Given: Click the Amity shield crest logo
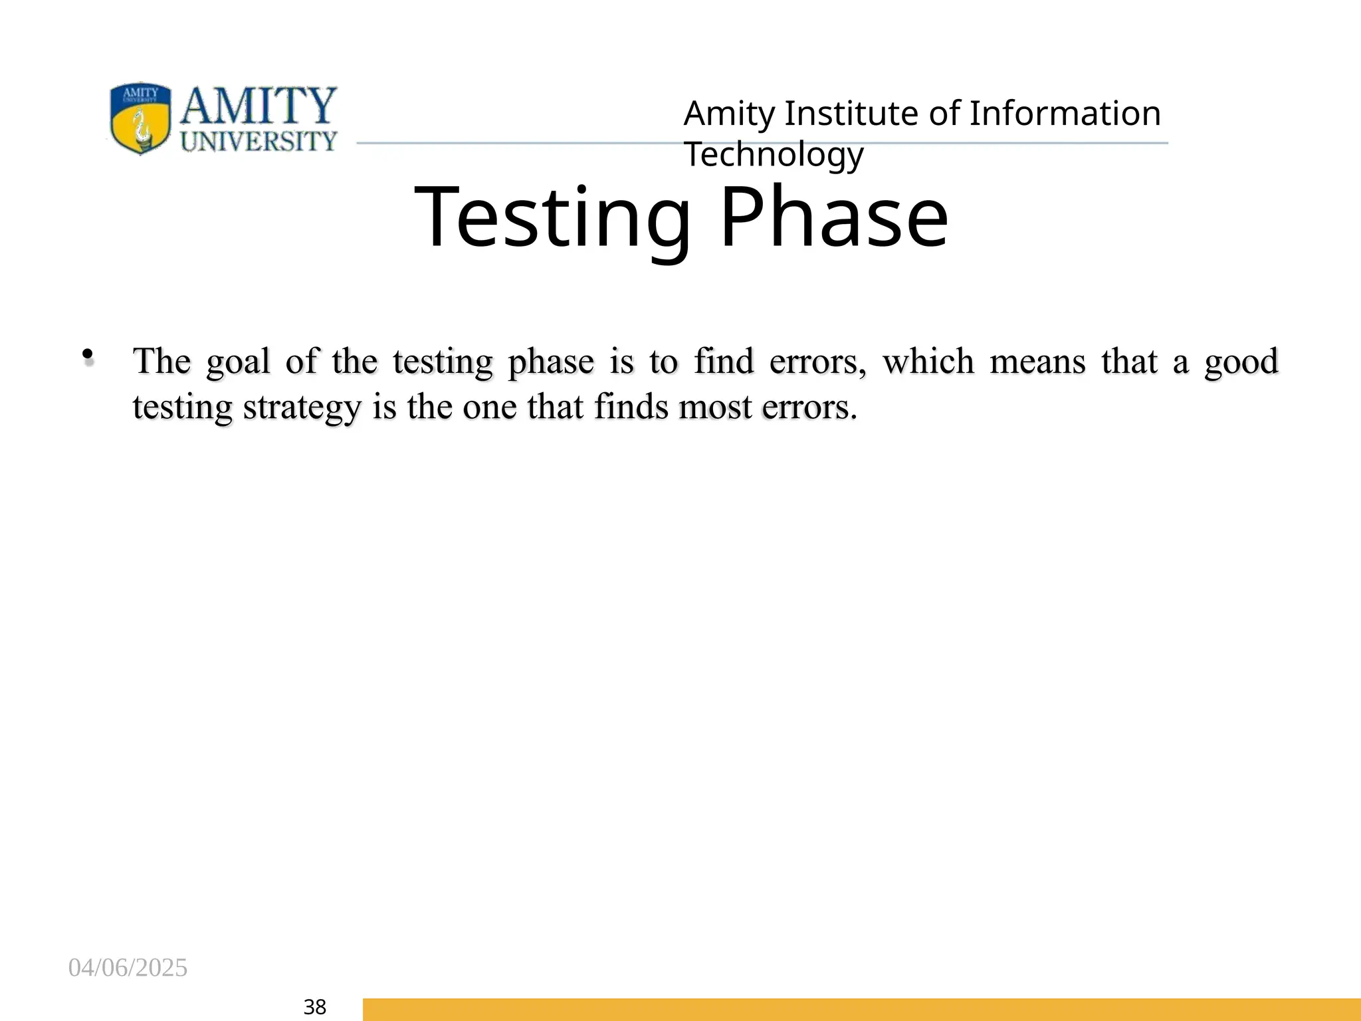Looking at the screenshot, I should (140, 118).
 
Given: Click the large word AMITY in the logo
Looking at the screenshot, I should (258, 106).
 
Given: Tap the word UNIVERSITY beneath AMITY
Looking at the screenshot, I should (259, 141).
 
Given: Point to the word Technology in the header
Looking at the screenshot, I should (774, 154).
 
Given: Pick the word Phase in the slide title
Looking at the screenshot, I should (833, 218).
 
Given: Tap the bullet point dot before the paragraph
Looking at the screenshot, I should (87, 356).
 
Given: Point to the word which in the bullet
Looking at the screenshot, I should (928, 362).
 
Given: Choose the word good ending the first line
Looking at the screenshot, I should (1241, 362).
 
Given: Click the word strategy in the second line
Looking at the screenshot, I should (302, 408).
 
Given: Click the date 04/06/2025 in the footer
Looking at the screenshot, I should (128, 968).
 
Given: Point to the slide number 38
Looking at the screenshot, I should (314, 1007).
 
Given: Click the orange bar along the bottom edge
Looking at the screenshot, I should (861, 1009).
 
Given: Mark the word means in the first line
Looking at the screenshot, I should (1037, 362).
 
